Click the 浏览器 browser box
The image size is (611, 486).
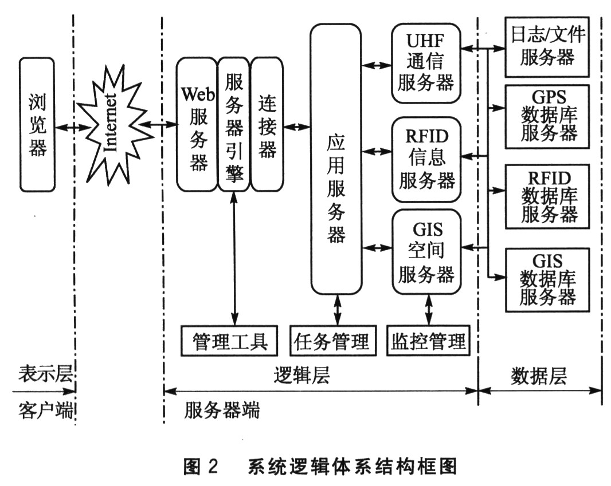(37, 125)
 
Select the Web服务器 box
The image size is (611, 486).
(197, 125)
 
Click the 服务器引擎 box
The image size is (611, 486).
(234, 125)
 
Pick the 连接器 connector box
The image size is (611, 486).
(267, 125)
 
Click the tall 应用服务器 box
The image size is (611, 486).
(336, 159)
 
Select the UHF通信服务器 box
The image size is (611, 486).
(426, 63)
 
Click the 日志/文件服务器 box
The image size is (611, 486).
(547, 47)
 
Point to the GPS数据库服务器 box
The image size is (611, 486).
(547, 117)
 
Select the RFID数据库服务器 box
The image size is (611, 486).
(547, 196)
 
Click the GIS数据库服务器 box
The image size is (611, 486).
(547, 280)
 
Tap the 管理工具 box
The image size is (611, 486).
(229, 341)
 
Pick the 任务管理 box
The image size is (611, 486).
(333, 341)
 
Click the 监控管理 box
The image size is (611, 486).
(428, 341)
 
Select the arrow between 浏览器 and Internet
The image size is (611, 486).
(73, 127)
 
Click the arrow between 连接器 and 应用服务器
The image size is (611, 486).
(297, 127)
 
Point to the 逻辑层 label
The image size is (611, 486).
(301, 376)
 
